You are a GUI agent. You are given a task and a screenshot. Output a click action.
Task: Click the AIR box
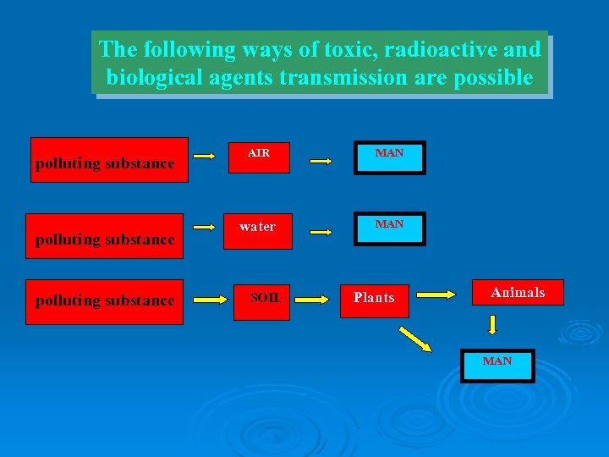pyautogui.click(x=259, y=157)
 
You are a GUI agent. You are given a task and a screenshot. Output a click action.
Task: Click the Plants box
pyautogui.click(x=374, y=299)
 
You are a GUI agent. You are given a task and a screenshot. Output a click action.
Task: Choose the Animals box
pyautogui.click(x=518, y=293)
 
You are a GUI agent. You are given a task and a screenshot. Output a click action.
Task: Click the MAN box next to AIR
pyautogui.click(x=389, y=157)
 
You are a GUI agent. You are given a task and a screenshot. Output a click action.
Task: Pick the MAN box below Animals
pyautogui.click(x=497, y=365)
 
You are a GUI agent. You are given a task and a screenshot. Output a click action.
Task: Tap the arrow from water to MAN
pyautogui.click(x=324, y=230)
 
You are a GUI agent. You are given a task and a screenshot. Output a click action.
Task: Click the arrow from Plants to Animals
pyautogui.click(x=437, y=295)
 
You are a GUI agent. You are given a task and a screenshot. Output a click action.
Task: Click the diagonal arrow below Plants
pyautogui.click(x=415, y=339)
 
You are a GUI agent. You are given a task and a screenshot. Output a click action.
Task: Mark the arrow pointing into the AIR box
pyautogui.click(x=203, y=157)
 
